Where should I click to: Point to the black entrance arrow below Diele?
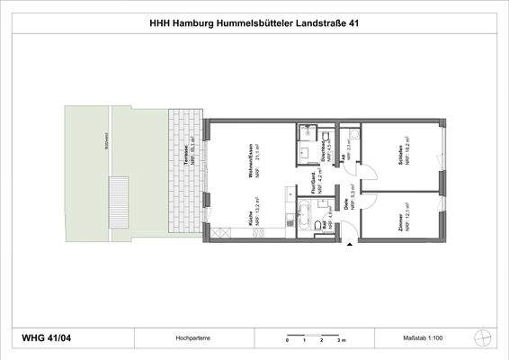point(350,238)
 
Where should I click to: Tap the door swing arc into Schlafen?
point(370,169)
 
